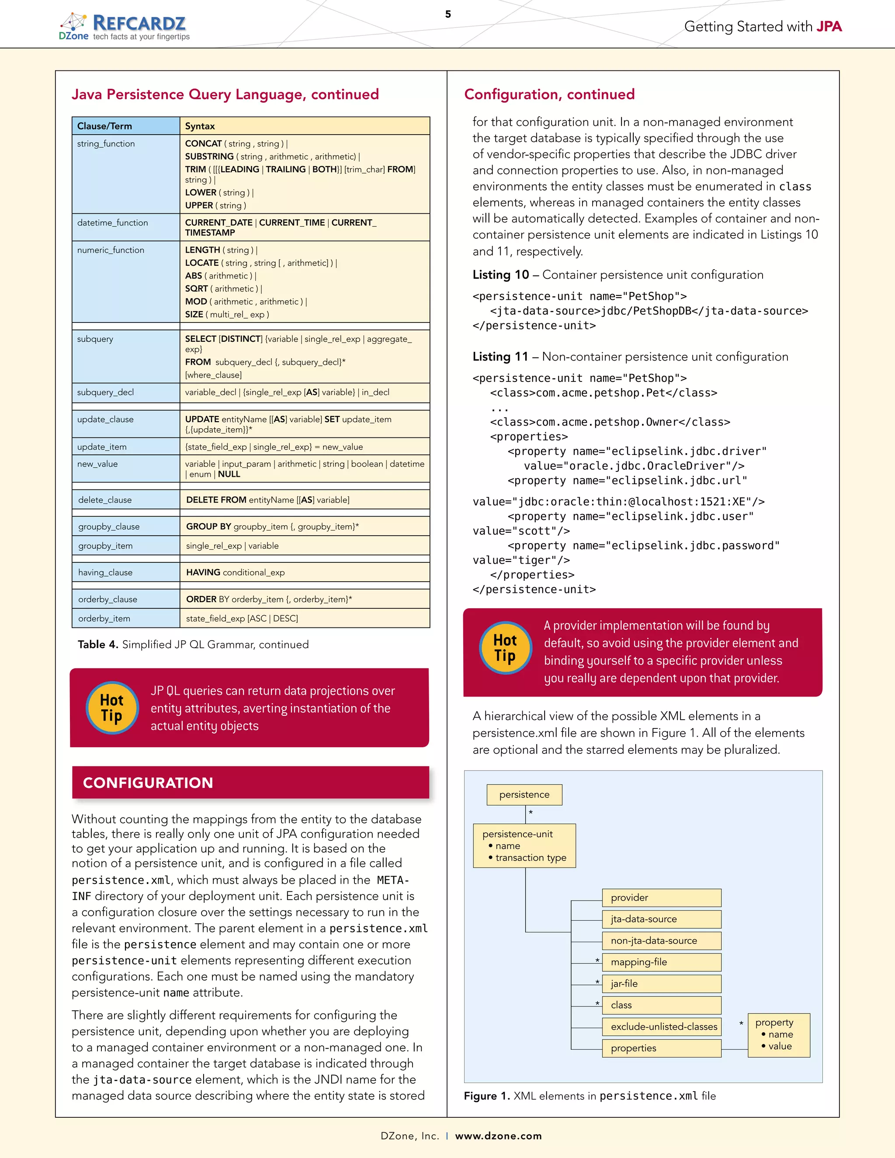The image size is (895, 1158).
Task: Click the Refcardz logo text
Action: tap(139, 23)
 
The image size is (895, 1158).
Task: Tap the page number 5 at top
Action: tap(448, 14)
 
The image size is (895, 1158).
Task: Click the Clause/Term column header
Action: tap(105, 126)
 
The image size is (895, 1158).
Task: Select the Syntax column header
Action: tap(200, 126)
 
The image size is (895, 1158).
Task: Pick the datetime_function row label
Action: tap(112, 223)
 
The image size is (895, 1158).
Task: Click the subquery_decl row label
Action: tap(105, 392)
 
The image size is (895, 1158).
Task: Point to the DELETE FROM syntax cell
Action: tap(268, 500)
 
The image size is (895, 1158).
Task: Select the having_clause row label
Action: tap(105, 572)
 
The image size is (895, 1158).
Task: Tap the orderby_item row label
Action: tap(104, 619)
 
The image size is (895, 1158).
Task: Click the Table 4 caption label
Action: tap(97, 645)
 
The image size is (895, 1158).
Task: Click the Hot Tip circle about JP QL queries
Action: tap(112, 708)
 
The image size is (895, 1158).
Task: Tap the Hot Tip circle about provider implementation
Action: tap(505, 648)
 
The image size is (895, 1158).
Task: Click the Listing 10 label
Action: tap(500, 275)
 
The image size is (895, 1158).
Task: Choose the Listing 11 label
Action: tap(500, 357)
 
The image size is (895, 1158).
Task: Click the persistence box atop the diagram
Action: tap(524, 795)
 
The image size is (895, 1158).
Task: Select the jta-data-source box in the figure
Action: tap(661, 919)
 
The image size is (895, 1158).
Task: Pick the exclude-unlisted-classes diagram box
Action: tap(661, 1027)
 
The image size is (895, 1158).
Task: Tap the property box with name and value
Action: tap(778, 1035)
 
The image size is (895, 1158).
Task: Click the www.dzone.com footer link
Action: tap(498, 1136)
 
